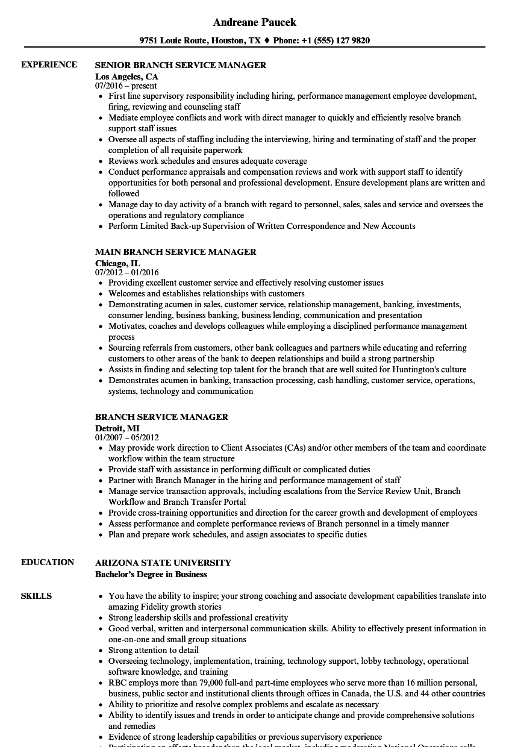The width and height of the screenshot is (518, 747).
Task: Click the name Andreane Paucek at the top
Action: [254, 22]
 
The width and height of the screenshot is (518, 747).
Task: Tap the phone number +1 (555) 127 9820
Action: [335, 41]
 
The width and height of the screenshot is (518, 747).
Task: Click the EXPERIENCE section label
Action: [49, 64]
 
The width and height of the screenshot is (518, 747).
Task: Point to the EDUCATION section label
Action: [48, 562]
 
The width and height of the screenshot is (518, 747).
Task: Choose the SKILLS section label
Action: [36, 596]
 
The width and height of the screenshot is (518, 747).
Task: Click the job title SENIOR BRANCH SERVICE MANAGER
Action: [181, 65]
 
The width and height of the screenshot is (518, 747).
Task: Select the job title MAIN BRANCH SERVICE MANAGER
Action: [176, 252]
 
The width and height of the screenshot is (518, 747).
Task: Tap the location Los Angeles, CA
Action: [126, 77]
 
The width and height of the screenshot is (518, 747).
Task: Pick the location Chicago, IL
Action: [117, 263]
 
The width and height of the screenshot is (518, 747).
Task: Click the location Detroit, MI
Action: [117, 428]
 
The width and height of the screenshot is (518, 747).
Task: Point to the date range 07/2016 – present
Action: [126, 86]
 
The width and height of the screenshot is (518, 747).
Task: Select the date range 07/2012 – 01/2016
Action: [127, 273]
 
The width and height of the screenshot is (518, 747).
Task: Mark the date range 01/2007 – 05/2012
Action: [127, 438]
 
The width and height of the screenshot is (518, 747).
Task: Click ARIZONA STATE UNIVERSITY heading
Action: [163, 563]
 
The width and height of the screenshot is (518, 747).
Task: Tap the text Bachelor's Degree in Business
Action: [151, 574]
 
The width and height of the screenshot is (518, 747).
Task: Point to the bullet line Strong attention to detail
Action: [154, 650]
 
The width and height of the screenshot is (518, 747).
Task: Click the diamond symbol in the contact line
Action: [267, 41]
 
